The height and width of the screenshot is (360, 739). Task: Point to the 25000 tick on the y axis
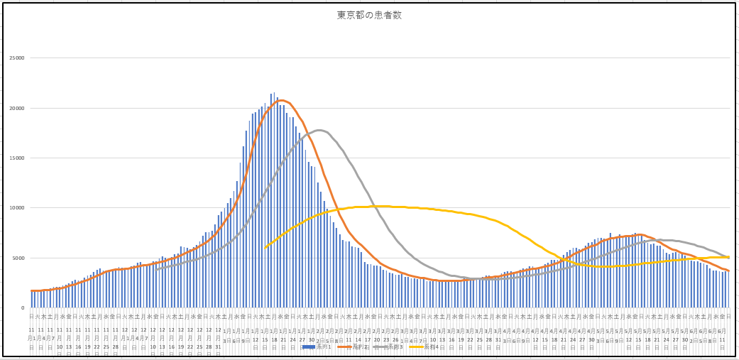(16, 58)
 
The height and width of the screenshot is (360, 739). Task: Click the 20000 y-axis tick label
(16, 108)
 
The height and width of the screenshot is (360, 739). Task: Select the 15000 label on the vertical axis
(16, 158)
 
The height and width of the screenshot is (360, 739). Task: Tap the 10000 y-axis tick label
(16, 208)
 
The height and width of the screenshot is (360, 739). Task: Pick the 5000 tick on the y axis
(17, 258)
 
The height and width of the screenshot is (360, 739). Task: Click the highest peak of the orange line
(281, 100)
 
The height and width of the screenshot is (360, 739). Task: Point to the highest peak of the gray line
(319, 130)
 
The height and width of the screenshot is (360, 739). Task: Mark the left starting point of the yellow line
(266, 247)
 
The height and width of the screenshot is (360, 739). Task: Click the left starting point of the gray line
(156, 269)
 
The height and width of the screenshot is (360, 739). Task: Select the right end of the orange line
(728, 271)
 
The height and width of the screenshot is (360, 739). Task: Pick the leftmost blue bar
(31, 299)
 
